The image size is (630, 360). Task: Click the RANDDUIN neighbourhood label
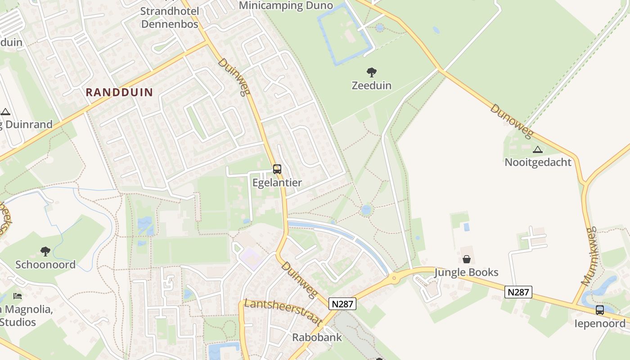(119, 93)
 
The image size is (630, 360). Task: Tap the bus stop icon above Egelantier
(277, 169)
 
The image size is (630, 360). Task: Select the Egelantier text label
(277, 183)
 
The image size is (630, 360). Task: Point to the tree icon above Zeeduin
(371, 72)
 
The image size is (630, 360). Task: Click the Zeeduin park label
(371, 85)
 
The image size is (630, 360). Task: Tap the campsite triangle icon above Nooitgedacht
(537, 149)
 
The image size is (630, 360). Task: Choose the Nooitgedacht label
(538, 162)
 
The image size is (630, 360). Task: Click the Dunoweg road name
(511, 121)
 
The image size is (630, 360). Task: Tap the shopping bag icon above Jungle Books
(467, 259)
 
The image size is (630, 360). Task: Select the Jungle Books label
(466, 272)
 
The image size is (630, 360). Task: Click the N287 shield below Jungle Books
(518, 292)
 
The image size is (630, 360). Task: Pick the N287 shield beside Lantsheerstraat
(342, 304)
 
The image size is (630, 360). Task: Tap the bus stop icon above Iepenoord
(600, 310)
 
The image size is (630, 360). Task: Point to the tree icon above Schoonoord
(45, 251)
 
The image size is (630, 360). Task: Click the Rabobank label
(317, 337)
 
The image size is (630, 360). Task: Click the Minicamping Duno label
(286, 5)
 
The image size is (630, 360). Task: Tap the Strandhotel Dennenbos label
(170, 17)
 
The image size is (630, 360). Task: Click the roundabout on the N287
(395, 278)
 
